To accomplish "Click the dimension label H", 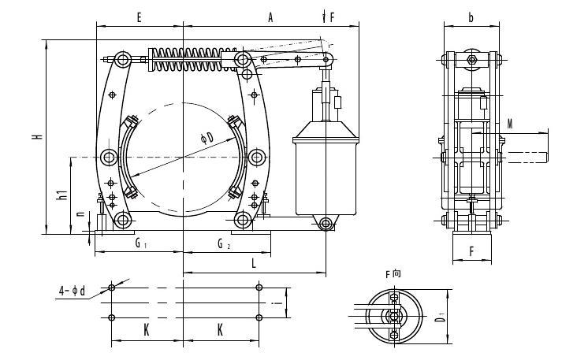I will [37, 135].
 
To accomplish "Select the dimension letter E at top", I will [139, 17].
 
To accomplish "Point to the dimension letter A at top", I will [270, 17].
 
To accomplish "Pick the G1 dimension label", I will [140, 244].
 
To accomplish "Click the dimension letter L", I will [254, 264].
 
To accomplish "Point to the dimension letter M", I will [510, 124].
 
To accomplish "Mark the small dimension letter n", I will [80, 213].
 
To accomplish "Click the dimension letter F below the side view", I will [471, 253].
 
